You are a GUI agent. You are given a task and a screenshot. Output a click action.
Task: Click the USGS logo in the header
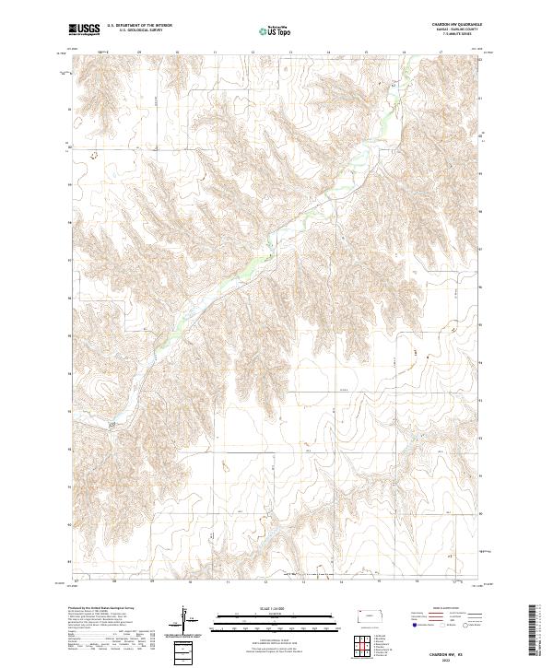[x=84, y=29]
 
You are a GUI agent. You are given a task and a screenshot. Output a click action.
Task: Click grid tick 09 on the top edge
[x=139, y=53]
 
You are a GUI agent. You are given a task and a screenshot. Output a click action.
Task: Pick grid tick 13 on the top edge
[x=289, y=53]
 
